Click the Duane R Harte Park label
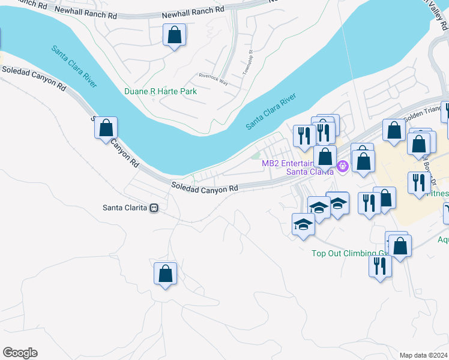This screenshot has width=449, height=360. pyautogui.click(x=160, y=92)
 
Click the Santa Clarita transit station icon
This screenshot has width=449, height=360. pyautogui.click(x=154, y=208)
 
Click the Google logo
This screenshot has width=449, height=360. pyautogui.click(x=20, y=353)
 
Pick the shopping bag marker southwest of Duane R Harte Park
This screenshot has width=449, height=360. pyautogui.click(x=106, y=128)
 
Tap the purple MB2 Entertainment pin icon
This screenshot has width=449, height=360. pyautogui.click(x=343, y=166)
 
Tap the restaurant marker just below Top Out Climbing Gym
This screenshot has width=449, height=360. pyautogui.click(x=379, y=265)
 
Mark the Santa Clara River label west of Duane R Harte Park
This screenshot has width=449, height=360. pyautogui.click(x=74, y=66)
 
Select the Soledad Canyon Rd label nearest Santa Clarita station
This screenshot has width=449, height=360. pyautogui.click(x=204, y=188)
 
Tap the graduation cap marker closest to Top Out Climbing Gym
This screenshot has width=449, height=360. pyautogui.click(x=303, y=224)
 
